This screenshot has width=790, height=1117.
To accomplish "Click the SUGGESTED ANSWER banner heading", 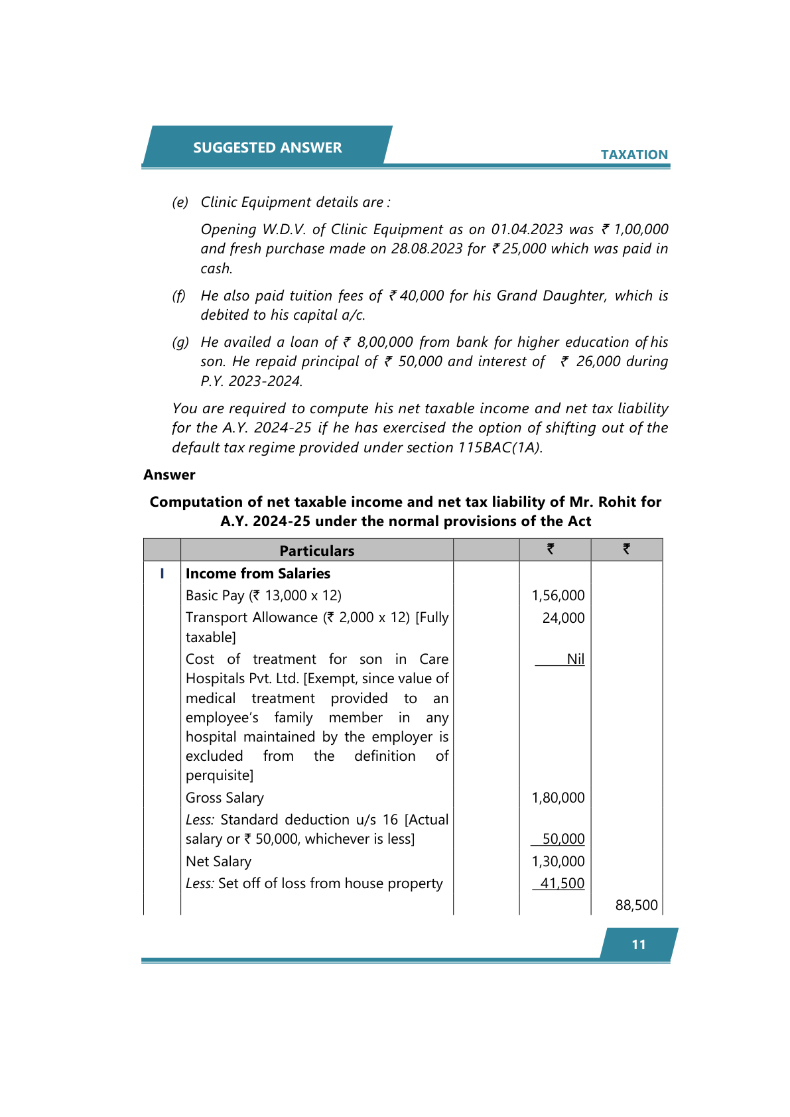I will pos(267,147).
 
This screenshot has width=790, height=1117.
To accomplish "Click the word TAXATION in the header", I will pos(634,155).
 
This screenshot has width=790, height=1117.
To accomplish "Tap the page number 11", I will pos(639,945).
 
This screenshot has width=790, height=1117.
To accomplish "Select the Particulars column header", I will pos(317,551).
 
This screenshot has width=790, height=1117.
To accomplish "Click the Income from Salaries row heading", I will pos(258,573).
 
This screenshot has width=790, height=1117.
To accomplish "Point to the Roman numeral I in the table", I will pos(162,573).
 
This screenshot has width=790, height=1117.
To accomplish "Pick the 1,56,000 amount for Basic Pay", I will pos(558,596).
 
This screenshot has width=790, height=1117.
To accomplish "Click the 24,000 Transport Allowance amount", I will pos(563,618).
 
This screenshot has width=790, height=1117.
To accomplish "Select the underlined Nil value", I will pos(575,659).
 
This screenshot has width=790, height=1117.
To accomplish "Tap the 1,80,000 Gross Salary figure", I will pos(558,797).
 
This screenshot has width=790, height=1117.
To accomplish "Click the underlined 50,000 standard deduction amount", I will pos(563,839).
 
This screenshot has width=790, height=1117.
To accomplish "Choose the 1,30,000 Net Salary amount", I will pos(558,861).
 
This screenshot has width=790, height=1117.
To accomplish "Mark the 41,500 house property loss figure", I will pos(562,883).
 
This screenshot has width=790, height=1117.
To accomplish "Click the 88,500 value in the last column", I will pos(636,905).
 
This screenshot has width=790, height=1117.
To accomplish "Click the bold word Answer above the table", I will pos(169,475).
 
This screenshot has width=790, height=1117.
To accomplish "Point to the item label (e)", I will pos(180,202).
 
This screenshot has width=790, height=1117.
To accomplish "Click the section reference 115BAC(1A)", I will pos(499,448).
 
